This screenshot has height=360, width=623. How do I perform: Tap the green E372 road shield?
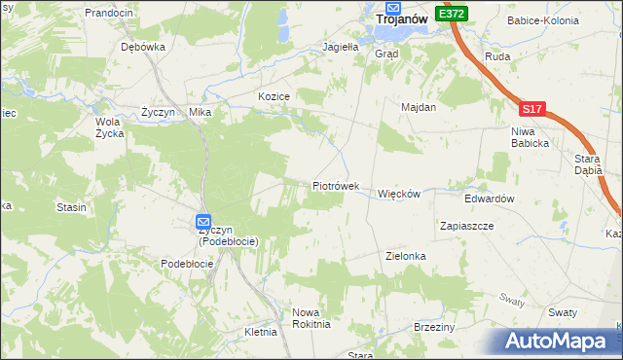click(x=452, y=14)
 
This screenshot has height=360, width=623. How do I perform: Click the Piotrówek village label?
click(x=336, y=185)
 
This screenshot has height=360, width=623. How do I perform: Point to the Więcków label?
click(x=398, y=194)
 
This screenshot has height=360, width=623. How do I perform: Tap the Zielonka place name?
click(x=406, y=256)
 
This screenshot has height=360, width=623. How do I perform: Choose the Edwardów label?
click(x=489, y=198)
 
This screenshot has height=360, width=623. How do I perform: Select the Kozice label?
click(x=275, y=96)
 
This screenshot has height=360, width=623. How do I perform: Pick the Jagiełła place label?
click(x=342, y=46)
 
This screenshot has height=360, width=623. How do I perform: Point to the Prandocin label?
click(x=108, y=13)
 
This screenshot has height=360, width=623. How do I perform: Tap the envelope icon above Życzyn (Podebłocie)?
click(x=203, y=222)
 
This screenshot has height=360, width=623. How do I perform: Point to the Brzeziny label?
click(x=434, y=327)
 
